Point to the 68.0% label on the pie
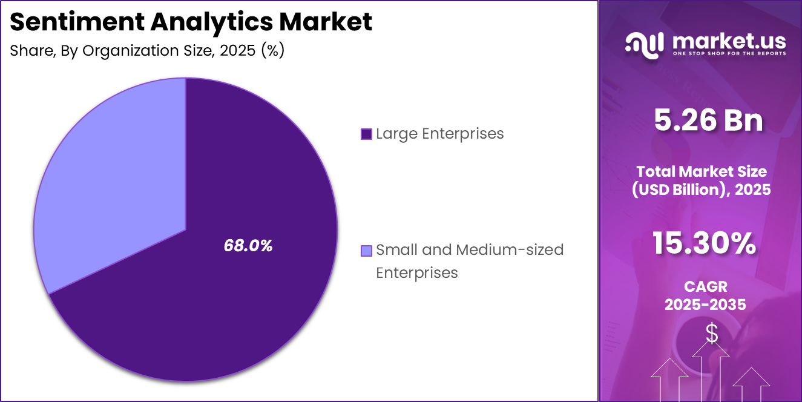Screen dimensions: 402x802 [248, 246]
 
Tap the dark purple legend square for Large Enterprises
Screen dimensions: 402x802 [366, 134]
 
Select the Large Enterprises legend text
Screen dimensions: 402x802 [439, 134]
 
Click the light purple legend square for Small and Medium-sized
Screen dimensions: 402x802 [366, 250]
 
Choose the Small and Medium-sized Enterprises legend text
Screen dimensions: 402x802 [469, 261]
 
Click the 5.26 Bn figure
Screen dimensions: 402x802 [708, 120]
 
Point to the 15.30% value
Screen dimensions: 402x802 [704, 243]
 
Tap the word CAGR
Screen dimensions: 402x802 [705, 286]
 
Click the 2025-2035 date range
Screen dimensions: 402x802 [705, 305]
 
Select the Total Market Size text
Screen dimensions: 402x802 [702, 171]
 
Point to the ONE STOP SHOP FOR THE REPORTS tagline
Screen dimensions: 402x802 [729, 54]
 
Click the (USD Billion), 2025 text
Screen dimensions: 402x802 [702, 190]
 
